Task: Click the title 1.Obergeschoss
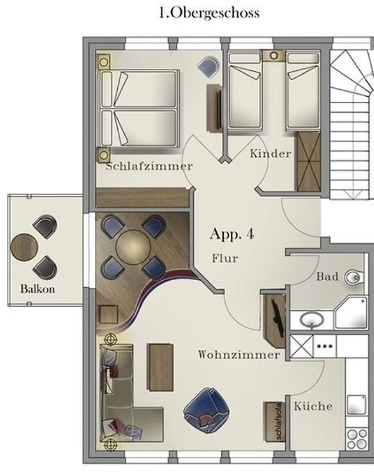click(x=209, y=13)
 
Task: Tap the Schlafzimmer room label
click(x=149, y=166)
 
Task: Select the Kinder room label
click(x=271, y=153)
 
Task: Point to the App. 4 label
click(x=232, y=234)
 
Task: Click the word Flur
click(x=226, y=258)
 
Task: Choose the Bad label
click(x=327, y=277)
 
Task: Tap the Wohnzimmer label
click(x=239, y=355)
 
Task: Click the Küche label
click(x=313, y=406)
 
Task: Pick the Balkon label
click(x=38, y=289)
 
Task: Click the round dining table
click(x=133, y=247)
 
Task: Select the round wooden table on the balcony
click(x=24, y=247)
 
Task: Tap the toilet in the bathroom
click(x=354, y=277)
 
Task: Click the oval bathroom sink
click(x=312, y=320)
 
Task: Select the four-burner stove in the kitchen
click(x=357, y=439)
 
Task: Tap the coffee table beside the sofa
click(x=160, y=367)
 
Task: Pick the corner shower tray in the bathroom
click(x=351, y=313)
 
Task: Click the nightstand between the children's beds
click(x=274, y=56)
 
